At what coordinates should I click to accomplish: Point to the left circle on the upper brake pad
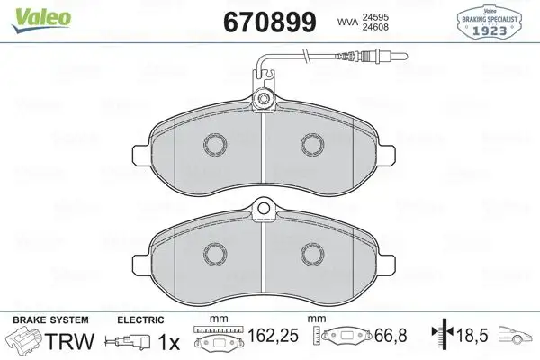click(217, 144)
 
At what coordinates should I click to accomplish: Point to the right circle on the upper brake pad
click(311, 144)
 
